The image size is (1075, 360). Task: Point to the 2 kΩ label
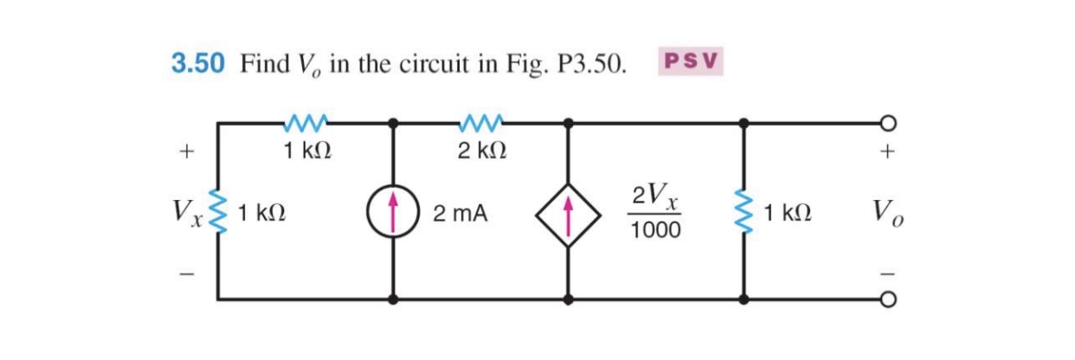point(481,151)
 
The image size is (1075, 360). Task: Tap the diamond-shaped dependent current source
point(568,213)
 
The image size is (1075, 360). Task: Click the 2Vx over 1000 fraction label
point(655,213)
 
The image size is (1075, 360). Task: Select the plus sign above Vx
point(184,152)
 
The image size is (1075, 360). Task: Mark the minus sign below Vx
point(184,276)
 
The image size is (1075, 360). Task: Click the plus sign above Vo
point(886,152)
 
